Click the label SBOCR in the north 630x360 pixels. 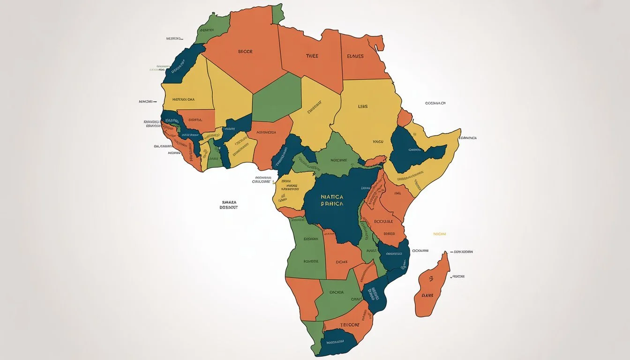(x=245, y=52)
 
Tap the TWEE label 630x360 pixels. (x=312, y=56)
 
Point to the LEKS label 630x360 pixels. (x=363, y=107)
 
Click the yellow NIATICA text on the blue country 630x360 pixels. (x=332, y=197)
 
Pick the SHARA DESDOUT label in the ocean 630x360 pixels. (x=229, y=204)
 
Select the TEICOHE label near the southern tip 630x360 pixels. (x=349, y=324)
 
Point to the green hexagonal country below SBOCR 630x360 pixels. (x=276, y=98)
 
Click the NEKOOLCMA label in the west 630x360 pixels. (x=184, y=99)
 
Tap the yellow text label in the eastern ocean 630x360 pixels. (x=439, y=233)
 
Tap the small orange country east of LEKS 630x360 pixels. (x=404, y=118)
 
